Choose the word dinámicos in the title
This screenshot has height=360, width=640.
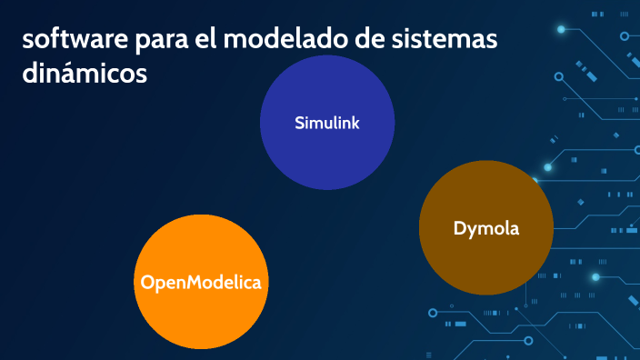click(85, 75)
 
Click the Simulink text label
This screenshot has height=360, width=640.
click(327, 123)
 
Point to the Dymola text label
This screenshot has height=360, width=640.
click(486, 228)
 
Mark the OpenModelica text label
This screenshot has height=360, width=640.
click(201, 283)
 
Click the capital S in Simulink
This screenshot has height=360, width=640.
click(299, 123)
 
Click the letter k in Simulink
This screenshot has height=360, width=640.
click(355, 123)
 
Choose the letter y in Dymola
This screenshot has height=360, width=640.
click(473, 230)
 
